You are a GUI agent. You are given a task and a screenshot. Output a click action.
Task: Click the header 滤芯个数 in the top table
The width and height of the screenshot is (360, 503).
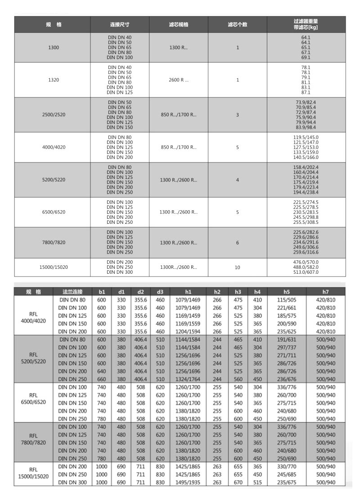tap(238, 24)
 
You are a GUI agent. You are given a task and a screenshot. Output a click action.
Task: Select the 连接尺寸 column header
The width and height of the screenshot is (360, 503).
tap(120, 24)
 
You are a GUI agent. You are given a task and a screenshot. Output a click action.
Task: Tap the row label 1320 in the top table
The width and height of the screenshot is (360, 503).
tap(53, 80)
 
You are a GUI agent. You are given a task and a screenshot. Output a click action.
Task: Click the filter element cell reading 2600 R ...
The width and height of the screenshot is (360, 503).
tap(179, 80)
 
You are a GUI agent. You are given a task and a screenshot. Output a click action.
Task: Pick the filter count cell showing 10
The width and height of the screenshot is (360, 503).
tap(238, 267)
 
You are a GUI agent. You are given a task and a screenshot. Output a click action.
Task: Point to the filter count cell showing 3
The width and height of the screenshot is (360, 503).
tap(238, 115)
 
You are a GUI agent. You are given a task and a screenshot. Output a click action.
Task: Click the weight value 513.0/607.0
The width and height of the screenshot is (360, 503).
tap(306, 272)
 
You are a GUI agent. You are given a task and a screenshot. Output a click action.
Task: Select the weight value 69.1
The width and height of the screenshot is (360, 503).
tap(306, 57)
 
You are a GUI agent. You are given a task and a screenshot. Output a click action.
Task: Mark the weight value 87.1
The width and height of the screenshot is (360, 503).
tap(306, 92)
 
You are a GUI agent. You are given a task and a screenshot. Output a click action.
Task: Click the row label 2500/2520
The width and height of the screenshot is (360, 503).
tap(53, 115)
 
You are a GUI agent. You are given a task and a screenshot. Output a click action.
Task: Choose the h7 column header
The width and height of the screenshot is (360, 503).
tap(326, 292)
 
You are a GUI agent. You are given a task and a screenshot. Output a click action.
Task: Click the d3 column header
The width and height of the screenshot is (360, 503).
tap(160, 292)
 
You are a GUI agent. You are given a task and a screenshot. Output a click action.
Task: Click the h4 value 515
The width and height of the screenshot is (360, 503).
tap(257, 483)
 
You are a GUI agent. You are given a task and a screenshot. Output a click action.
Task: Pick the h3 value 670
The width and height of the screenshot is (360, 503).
tap(238, 483)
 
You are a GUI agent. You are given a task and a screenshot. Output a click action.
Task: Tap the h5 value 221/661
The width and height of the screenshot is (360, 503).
tap(287, 308)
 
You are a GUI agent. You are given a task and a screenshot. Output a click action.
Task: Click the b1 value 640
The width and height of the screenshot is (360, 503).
tap(101, 372)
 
